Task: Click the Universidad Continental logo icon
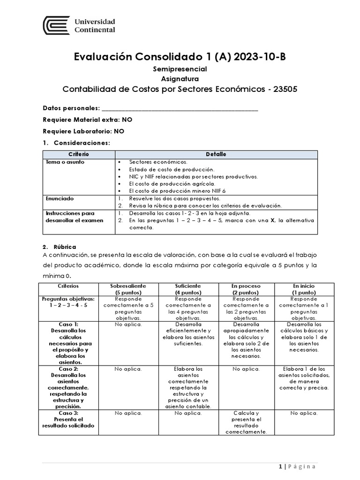coord(57,25)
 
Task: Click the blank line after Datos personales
coord(180,108)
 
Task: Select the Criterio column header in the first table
coord(79,154)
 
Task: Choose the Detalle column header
coord(216,154)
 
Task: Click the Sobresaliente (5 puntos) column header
coord(128,288)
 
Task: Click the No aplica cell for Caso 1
coord(128,324)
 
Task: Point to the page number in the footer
coord(280,466)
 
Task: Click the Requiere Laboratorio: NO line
coord(83,131)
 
